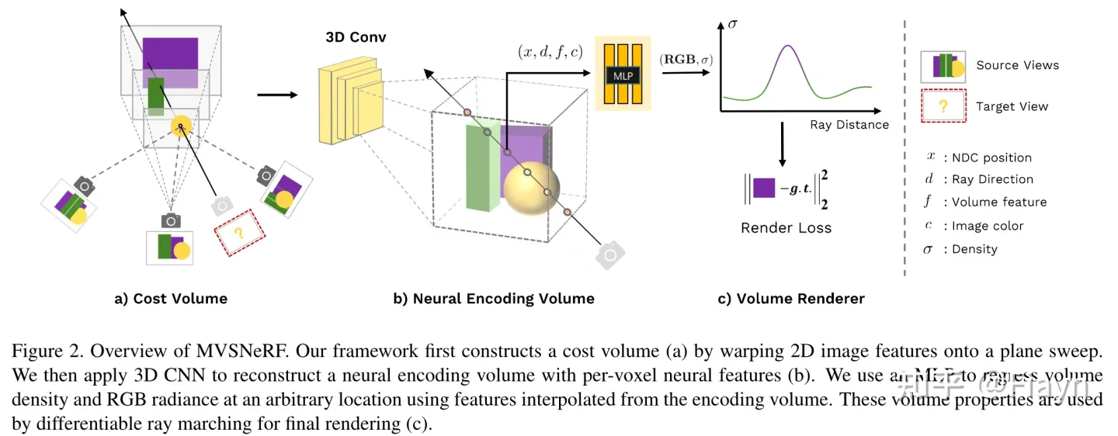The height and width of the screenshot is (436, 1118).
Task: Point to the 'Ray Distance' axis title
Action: click(x=849, y=124)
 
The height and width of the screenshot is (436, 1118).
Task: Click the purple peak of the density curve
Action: click(x=789, y=48)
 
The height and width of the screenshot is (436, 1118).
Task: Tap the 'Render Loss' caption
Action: click(x=786, y=228)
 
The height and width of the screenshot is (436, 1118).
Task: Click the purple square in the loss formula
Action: click(x=764, y=188)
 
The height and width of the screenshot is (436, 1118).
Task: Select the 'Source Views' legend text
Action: click(x=1017, y=65)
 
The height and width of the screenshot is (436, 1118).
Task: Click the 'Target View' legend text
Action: click(x=1012, y=106)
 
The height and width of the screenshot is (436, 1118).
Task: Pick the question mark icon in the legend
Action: click(x=943, y=106)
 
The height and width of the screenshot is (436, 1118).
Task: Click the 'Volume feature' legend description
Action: click(x=1000, y=202)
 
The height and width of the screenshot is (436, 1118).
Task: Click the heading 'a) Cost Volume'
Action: click(x=171, y=299)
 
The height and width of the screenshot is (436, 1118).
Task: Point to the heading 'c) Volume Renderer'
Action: click(x=790, y=299)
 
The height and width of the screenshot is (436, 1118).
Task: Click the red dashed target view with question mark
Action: click(x=238, y=232)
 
